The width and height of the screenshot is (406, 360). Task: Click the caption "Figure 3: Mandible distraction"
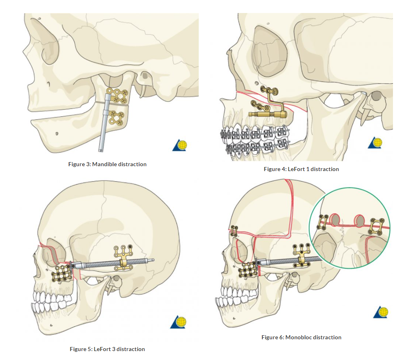(x=107, y=164)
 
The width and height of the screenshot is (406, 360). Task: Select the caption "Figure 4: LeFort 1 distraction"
(x=301, y=169)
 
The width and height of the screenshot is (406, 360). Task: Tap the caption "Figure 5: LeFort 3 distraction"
(x=107, y=349)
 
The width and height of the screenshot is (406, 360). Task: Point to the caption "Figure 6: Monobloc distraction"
(x=301, y=337)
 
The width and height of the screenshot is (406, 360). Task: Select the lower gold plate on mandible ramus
(x=119, y=118)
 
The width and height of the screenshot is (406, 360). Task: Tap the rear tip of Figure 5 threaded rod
(x=153, y=260)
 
